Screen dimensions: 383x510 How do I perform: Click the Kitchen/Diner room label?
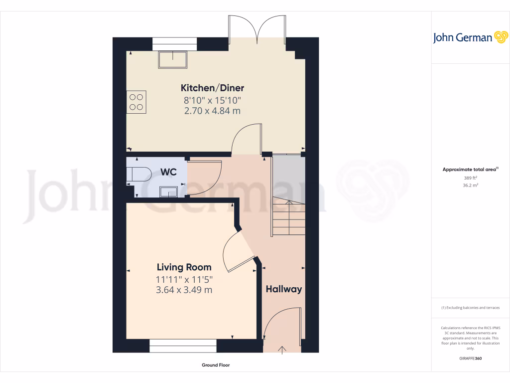(x=212, y=88)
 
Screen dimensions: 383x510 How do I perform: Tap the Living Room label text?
(x=184, y=267)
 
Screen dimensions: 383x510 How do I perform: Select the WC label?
(x=168, y=172)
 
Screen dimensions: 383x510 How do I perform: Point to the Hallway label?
(x=283, y=289)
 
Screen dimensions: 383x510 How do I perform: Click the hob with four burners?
(x=136, y=102)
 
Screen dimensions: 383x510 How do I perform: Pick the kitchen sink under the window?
(x=173, y=60)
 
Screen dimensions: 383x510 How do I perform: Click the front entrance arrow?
(x=282, y=350)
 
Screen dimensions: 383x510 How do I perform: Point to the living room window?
(x=183, y=346)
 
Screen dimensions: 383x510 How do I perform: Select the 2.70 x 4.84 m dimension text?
(x=212, y=111)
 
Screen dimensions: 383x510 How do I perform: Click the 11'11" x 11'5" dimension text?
(x=184, y=280)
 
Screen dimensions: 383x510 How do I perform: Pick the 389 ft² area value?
(x=471, y=178)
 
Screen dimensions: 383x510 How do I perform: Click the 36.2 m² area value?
(x=471, y=185)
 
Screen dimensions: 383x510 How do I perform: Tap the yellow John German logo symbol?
(x=500, y=37)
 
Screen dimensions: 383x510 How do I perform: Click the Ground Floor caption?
(x=216, y=365)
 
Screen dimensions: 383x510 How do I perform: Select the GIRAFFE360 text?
(x=471, y=359)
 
